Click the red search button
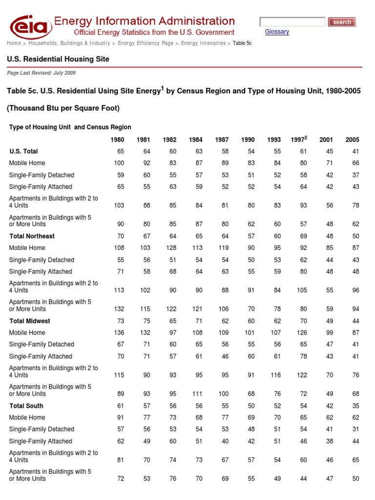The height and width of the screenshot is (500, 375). tap(341, 22)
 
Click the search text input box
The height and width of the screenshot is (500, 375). tap(292, 22)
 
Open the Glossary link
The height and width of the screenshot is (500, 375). tap(277, 32)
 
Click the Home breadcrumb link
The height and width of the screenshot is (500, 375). tap(14, 43)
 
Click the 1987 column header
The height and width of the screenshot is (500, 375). tap(222, 140)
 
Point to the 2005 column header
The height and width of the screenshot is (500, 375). tap(352, 140)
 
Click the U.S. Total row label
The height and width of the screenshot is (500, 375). tap(23, 151)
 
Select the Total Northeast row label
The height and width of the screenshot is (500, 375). tap(32, 236)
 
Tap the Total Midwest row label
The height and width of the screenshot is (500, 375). tap(30, 321)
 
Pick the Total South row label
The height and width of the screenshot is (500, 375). tap(26, 406)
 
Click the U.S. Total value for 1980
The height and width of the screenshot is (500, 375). tap(120, 151)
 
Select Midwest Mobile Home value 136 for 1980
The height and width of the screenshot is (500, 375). tap(119, 333)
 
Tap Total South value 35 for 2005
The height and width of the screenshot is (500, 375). tap(355, 406)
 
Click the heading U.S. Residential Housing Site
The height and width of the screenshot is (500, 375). tap(58, 59)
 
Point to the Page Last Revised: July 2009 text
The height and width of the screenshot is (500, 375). tap(41, 73)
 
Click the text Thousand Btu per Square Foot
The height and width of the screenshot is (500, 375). tap(63, 108)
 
